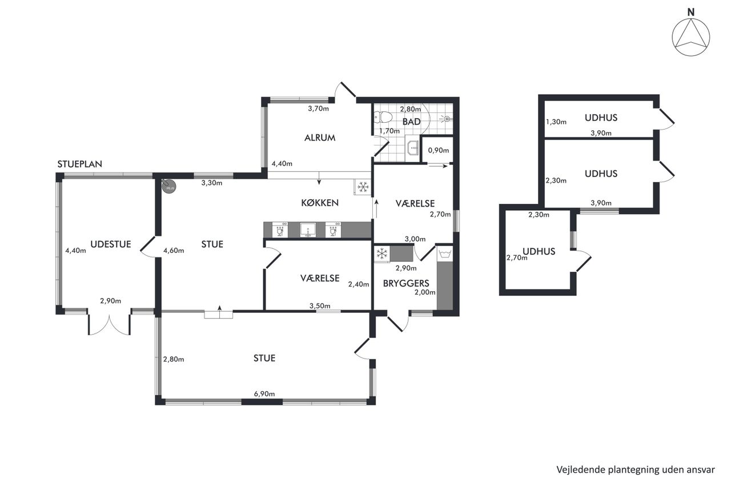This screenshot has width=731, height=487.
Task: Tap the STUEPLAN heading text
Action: [x=79, y=164]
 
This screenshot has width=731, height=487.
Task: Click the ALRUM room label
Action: [x=320, y=138]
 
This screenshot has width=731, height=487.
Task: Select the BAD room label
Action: [x=411, y=122]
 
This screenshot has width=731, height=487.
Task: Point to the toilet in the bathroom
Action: [x=383, y=117]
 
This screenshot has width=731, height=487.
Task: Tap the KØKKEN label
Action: [x=320, y=203]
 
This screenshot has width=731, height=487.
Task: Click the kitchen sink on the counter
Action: [x=307, y=230]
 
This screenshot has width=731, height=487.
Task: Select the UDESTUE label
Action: [x=111, y=244]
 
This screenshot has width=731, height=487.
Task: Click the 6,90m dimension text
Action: [x=264, y=394]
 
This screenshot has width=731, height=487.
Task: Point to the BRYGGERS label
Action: [x=406, y=283]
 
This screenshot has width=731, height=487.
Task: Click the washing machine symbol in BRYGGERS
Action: [x=445, y=253]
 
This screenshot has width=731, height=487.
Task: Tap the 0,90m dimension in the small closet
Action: [x=438, y=150]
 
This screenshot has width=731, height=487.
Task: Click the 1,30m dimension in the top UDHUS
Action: [x=556, y=122]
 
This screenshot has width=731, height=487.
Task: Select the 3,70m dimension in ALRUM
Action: [x=318, y=108]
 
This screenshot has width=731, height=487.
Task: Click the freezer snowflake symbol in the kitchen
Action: [x=363, y=187]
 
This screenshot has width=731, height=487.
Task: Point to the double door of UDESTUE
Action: [x=109, y=322]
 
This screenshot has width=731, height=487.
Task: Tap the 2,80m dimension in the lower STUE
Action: [x=174, y=360]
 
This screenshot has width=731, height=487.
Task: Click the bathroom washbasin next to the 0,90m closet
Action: [x=413, y=148]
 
